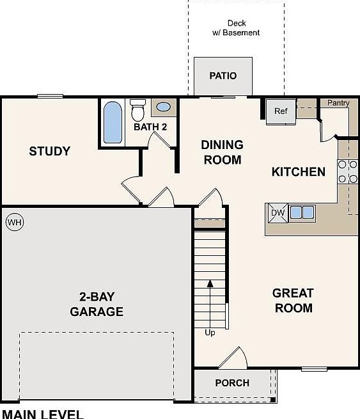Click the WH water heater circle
click(14, 223)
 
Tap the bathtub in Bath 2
click(113, 123)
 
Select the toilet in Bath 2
click(137, 111)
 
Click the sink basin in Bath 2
click(163, 107)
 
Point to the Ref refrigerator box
click(281, 111)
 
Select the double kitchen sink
click(302, 212)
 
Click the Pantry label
click(338, 102)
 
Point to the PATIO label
click(223, 75)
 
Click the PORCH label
click(231, 383)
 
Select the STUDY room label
click(49, 152)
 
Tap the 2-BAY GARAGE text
click(97, 304)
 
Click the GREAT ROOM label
click(293, 301)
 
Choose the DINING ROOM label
click(222, 152)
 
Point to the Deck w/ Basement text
click(237, 28)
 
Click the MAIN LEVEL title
click(42, 413)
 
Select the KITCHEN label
click(298, 171)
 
